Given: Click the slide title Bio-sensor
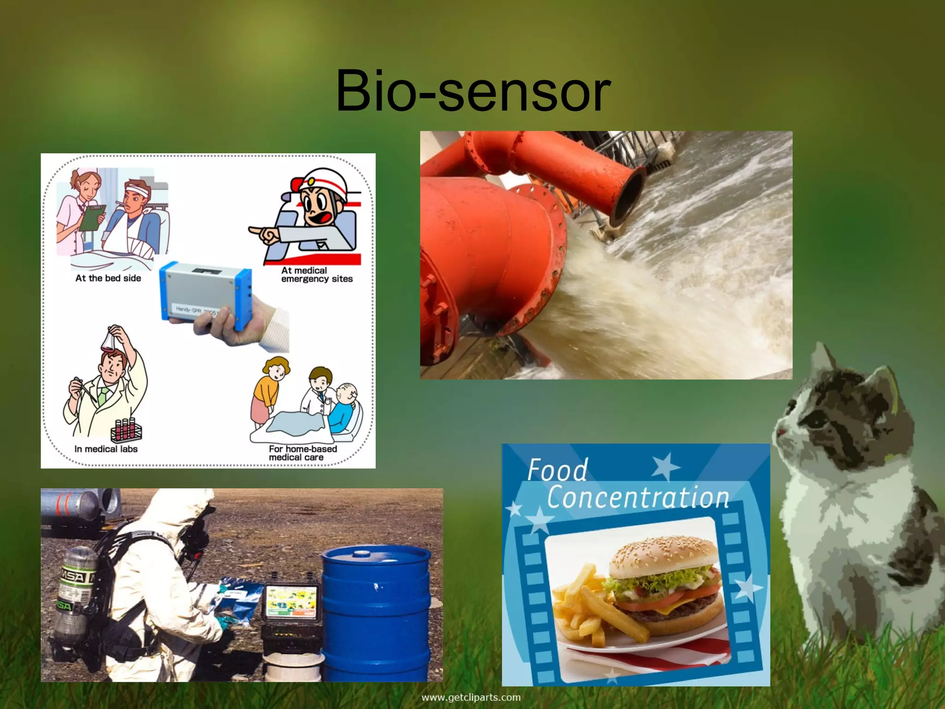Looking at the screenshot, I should (x=472, y=90).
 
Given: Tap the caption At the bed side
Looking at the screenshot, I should (x=108, y=278).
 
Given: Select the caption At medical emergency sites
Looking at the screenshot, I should (x=317, y=275).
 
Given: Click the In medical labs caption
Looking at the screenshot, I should (x=106, y=449).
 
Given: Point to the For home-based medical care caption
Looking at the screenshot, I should (x=302, y=453).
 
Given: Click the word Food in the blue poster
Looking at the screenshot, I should (x=557, y=471).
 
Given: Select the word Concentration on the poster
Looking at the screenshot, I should (x=638, y=498).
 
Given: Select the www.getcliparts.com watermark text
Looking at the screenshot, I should (x=471, y=697).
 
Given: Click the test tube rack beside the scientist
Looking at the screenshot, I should (x=126, y=429).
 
